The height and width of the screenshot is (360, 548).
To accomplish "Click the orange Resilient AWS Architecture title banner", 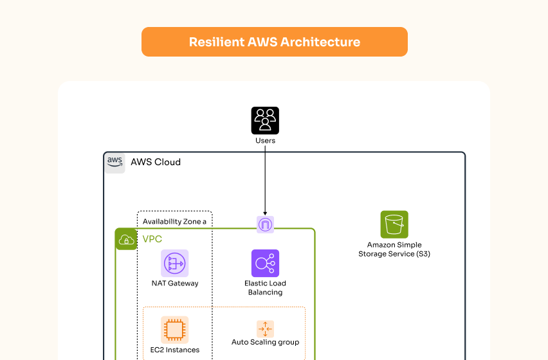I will [274, 42].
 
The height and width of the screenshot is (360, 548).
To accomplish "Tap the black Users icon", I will [265, 120].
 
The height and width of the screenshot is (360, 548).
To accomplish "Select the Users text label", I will [265, 141].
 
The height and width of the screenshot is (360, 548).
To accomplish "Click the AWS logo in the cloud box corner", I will [115, 162].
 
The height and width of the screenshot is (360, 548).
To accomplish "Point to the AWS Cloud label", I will [156, 162].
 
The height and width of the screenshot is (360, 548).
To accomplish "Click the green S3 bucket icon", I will [394, 224].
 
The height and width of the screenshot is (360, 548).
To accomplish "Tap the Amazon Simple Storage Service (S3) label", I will [394, 249].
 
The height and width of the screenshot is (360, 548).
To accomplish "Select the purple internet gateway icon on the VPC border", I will [265, 224].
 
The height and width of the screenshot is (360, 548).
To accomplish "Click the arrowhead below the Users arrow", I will [265, 212].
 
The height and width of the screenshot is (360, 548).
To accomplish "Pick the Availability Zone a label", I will [174, 222].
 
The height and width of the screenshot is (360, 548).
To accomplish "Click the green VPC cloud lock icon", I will [125, 239].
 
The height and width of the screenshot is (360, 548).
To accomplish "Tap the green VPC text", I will [152, 239].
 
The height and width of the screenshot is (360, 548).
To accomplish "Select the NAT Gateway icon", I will [175, 263].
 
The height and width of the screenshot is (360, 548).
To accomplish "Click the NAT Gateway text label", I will [175, 283].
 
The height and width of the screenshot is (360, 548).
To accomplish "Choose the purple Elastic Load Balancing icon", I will [265, 263].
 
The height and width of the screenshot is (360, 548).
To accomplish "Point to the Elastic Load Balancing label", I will [265, 288].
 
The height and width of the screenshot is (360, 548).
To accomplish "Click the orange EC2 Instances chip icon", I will [175, 330].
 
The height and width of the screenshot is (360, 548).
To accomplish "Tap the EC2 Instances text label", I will [175, 350].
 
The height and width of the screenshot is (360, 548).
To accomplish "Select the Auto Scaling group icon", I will [265, 329].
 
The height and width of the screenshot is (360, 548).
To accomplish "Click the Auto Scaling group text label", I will [265, 343].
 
